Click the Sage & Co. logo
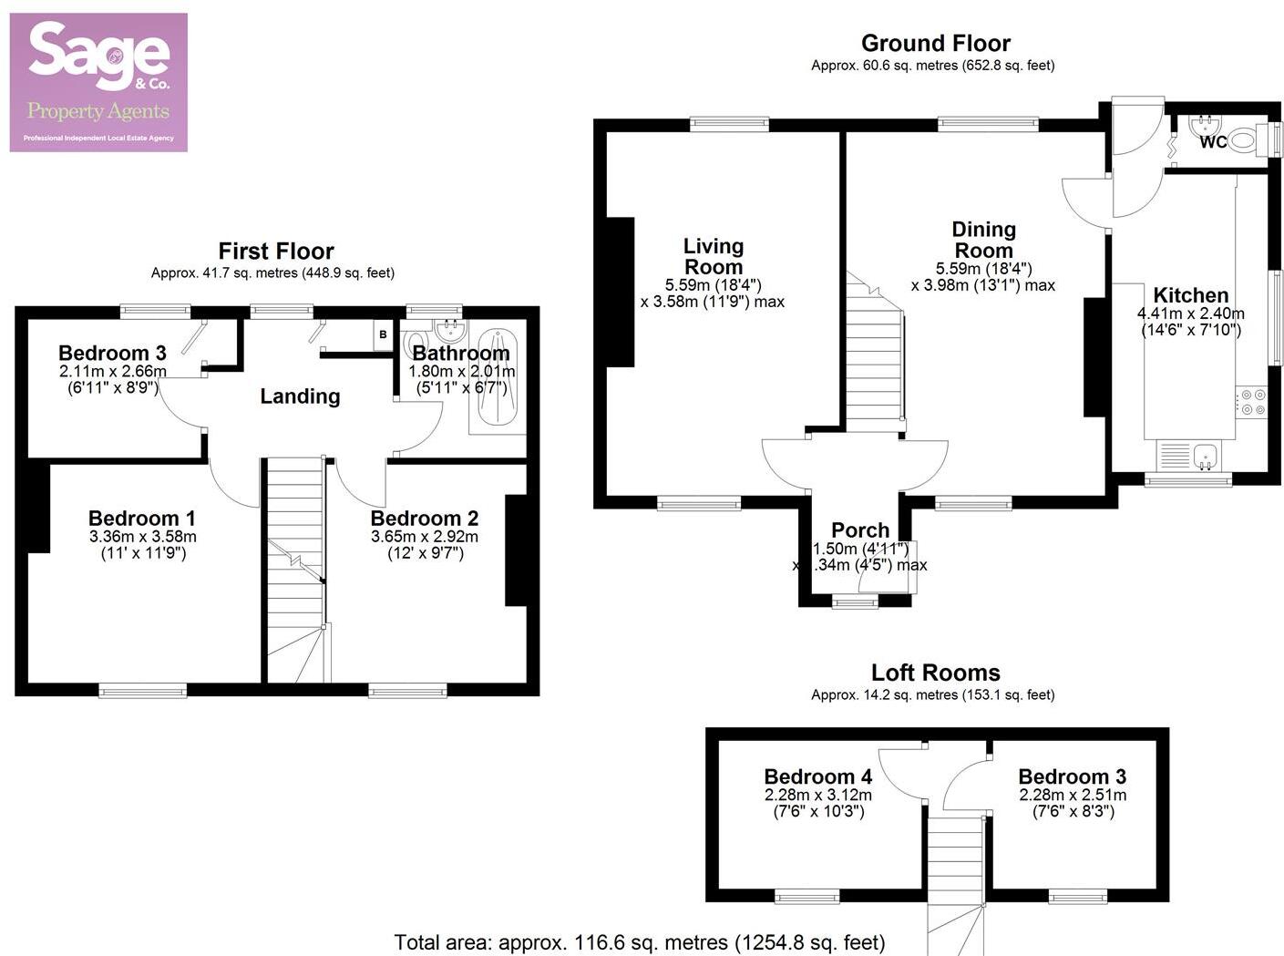(x=98, y=82)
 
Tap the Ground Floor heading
(x=935, y=43)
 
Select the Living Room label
(x=714, y=256)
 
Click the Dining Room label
(x=983, y=240)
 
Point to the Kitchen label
(x=1190, y=295)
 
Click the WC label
(x=1213, y=142)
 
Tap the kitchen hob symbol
(x=1252, y=402)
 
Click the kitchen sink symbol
(x=1206, y=454)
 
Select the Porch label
(x=860, y=529)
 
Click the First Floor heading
(x=276, y=251)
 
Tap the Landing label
(x=300, y=396)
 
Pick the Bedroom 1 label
(x=142, y=519)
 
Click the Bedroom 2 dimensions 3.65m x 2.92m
(x=425, y=537)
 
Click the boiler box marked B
(x=383, y=334)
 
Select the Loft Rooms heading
(x=935, y=673)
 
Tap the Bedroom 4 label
(x=817, y=776)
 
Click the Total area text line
(x=639, y=942)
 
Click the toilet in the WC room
(x=1245, y=139)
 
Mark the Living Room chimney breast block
(x=620, y=292)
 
